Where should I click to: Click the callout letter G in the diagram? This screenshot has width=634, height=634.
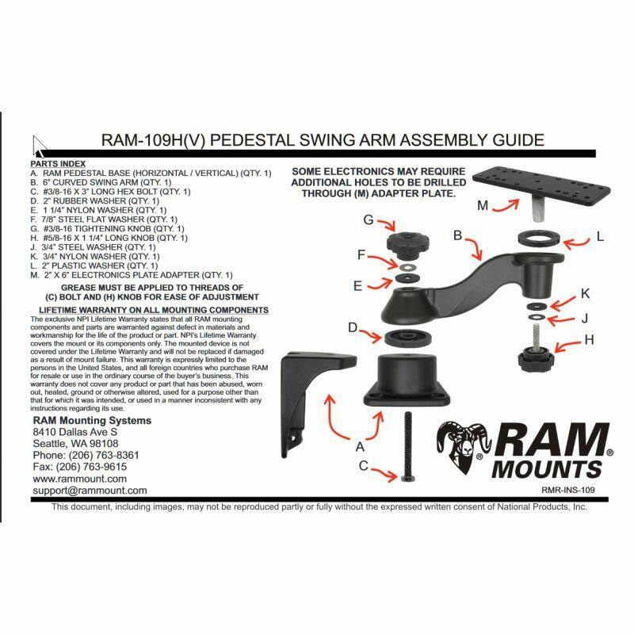[368, 220]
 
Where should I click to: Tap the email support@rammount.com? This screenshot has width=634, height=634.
[90, 491]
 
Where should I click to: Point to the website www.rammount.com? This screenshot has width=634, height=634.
[79, 479]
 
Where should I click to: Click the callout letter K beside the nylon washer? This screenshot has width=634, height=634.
[585, 293]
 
